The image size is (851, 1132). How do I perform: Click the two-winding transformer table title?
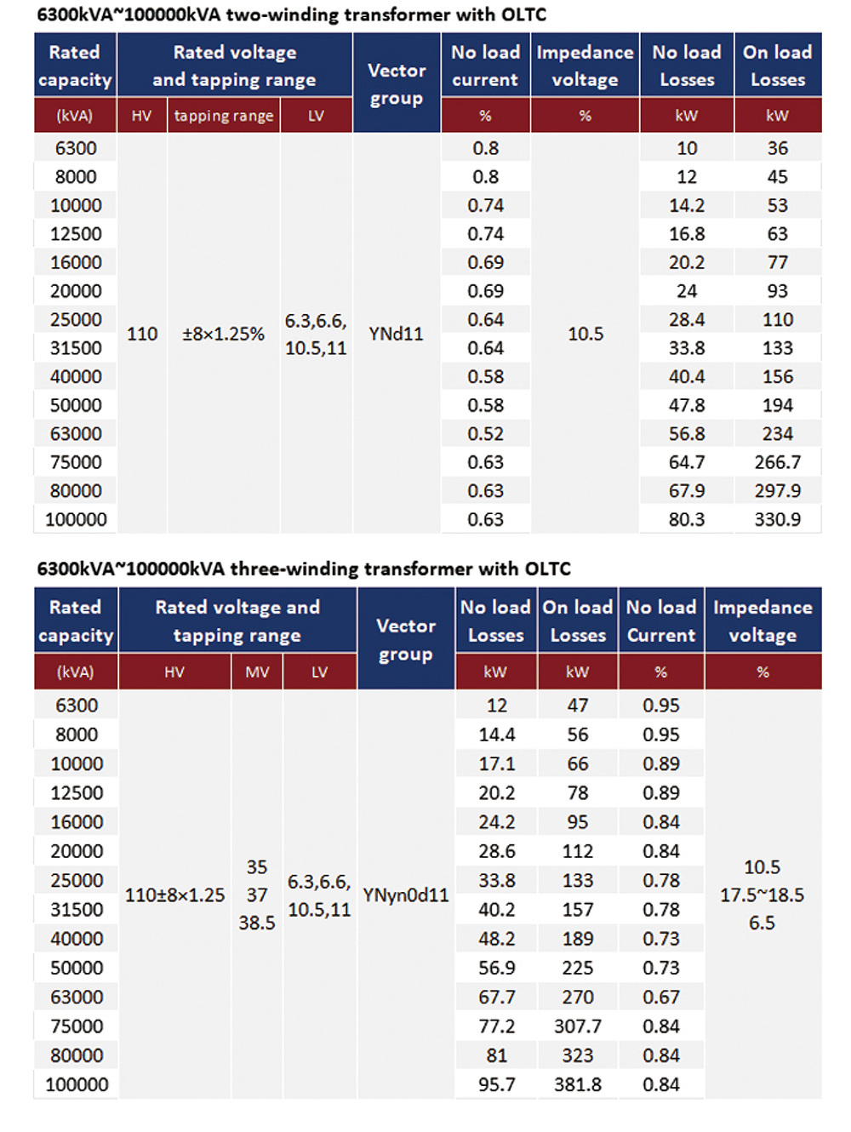pos(291,14)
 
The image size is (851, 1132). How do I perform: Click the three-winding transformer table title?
pos(303,569)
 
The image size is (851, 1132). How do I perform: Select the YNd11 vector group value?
pos(396,334)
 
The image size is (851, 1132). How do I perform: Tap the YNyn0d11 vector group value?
pos(405,895)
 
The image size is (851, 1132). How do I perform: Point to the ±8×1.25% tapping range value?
pos(223,334)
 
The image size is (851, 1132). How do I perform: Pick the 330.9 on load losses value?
pos(777,519)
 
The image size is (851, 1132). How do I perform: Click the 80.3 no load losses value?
pos(686,519)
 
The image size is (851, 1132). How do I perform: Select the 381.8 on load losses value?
pos(577,1084)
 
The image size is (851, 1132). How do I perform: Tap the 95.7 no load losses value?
pos(496,1084)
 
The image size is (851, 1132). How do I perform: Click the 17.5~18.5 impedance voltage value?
pos(762,895)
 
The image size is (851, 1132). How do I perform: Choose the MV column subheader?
pos(257,672)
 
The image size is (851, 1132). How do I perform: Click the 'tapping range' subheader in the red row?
pos(223,116)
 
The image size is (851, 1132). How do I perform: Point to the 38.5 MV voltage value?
pos(257,923)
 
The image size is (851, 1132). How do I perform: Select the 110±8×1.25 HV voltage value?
pos(174,895)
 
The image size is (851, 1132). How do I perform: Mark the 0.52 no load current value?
pos(485,434)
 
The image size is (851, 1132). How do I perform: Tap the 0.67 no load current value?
pos(660,997)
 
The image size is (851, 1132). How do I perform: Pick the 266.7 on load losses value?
pos(777,462)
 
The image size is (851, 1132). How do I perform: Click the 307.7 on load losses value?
pos(577,1026)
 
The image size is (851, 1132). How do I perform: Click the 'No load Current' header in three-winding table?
pos(660,621)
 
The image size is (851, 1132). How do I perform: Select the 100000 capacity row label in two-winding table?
pos(76,519)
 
